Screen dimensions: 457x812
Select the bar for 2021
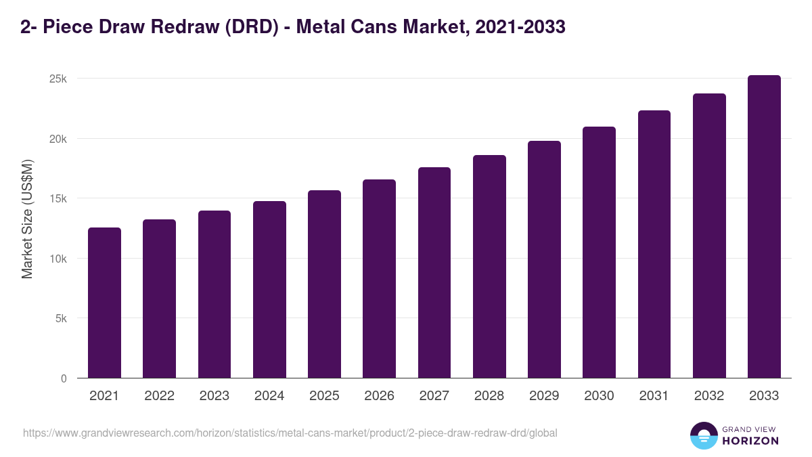point(104,303)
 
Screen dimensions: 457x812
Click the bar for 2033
point(764,227)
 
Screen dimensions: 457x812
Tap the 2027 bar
point(434,273)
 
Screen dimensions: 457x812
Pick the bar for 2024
point(269,290)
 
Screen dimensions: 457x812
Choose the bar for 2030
point(599,253)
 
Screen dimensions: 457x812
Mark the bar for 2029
point(544,259)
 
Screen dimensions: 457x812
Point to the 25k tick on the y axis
point(58,79)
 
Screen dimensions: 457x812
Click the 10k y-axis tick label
point(58,259)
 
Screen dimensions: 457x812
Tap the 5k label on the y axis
point(61,319)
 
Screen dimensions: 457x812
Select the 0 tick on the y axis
point(64,378)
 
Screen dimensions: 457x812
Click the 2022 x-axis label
point(159,396)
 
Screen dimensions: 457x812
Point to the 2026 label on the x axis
point(379,396)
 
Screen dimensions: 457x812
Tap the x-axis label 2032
point(709,396)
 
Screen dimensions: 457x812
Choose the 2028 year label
point(489,396)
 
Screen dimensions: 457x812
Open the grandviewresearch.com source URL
point(290,433)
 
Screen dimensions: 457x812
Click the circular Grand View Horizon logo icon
point(703,435)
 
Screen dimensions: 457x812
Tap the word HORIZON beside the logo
point(750,441)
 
